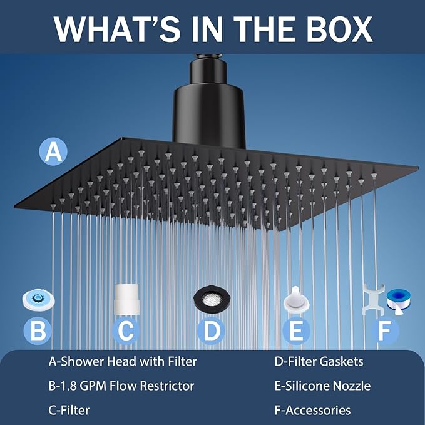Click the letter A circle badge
[x=53, y=151]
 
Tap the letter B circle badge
[x=38, y=330]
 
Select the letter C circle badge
[x=126, y=330]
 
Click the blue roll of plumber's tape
[x=397, y=299]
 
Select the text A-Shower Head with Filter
[x=123, y=361]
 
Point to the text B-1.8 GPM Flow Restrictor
[x=121, y=386]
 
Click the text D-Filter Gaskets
[x=319, y=361]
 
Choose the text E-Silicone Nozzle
[x=322, y=386]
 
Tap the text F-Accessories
[x=312, y=411]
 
